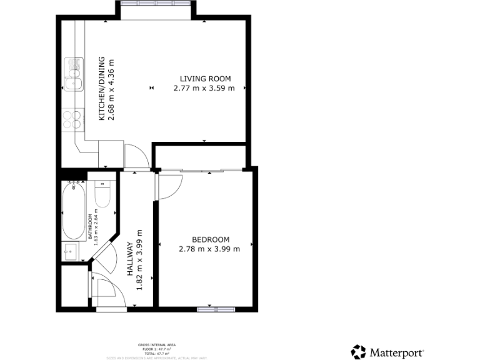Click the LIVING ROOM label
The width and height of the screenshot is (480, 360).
pos(205,79)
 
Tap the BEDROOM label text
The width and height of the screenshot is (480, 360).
pos(210,239)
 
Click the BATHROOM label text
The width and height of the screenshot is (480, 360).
pos(90,226)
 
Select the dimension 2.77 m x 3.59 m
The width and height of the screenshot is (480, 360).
pos(204,89)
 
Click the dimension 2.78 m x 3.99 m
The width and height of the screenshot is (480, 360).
pos(209,249)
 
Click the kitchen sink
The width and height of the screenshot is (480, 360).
pos(74,74)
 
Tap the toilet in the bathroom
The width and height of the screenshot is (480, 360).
pos(102,194)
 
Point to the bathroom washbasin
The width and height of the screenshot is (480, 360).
pos(71,252)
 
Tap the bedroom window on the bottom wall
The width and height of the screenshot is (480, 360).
pos(216,308)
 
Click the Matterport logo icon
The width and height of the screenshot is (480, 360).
pos(359,352)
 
